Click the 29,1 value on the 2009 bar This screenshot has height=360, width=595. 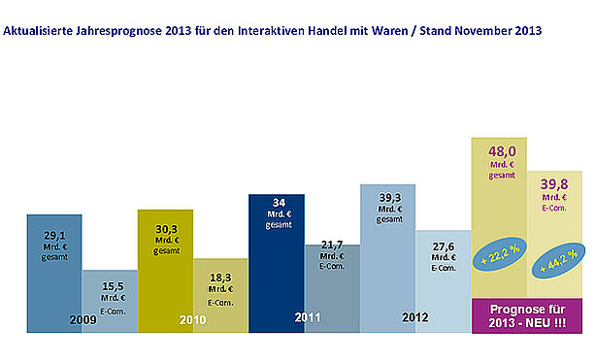click(x=55, y=236)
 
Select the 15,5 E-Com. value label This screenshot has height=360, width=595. click(x=114, y=286)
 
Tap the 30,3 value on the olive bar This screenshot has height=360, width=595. click(x=167, y=229)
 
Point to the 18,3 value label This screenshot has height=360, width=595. click(x=220, y=278)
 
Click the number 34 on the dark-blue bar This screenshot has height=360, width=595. click(x=279, y=203)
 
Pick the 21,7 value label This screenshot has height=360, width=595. click(x=332, y=245)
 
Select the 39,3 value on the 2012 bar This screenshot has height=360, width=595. click(x=390, y=198)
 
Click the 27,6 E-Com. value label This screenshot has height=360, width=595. click(x=444, y=246)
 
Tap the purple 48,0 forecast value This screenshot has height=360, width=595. click(x=502, y=151)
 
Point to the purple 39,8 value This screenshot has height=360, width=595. click(x=554, y=184)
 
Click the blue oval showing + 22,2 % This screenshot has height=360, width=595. click(x=499, y=254)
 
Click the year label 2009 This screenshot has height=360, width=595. click(x=83, y=320)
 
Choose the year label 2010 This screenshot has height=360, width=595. click(x=193, y=320)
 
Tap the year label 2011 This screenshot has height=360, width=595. click(x=308, y=317)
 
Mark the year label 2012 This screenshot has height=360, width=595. click(x=415, y=317)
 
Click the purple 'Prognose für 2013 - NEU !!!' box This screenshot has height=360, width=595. click(x=527, y=316)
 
